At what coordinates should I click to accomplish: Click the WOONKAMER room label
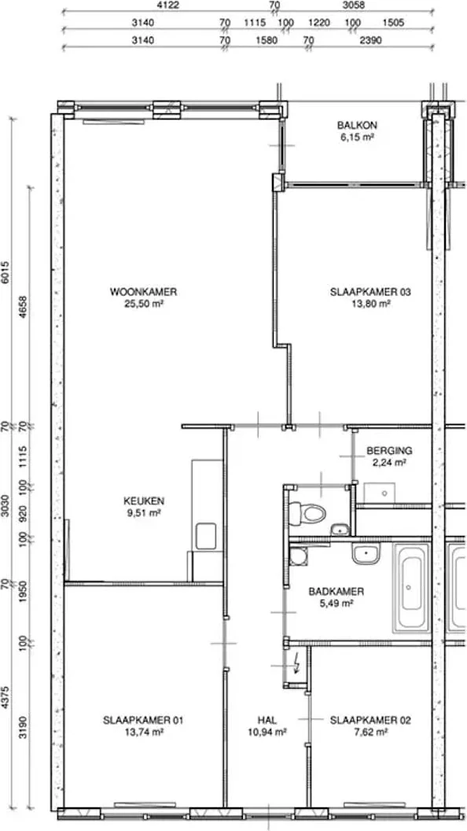click(143, 291)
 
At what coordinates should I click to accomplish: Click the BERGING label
click(388, 451)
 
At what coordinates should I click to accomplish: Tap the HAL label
click(267, 720)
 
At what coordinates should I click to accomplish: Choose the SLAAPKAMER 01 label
click(143, 720)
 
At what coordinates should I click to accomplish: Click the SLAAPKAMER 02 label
click(370, 720)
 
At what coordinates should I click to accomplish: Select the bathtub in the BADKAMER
click(411, 587)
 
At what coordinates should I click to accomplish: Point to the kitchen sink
click(205, 536)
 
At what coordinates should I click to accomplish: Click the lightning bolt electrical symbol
click(296, 663)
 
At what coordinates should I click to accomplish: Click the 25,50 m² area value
click(143, 304)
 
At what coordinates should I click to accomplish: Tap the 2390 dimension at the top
click(370, 40)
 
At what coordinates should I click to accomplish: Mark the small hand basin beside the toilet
click(340, 529)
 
